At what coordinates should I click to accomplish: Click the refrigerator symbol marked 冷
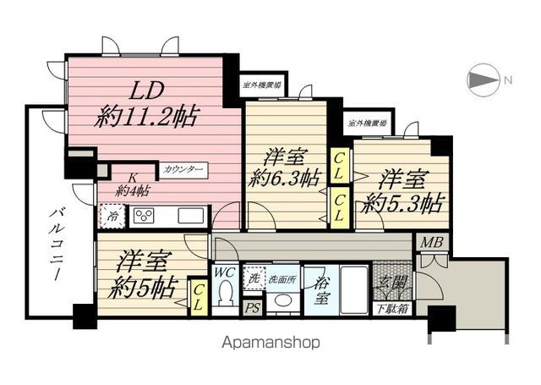tap(112, 216)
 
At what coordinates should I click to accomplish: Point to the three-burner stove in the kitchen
tap(145, 215)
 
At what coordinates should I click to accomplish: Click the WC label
tap(223, 272)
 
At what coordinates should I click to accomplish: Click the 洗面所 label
tap(280, 278)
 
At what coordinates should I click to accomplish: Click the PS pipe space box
tap(252, 308)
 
